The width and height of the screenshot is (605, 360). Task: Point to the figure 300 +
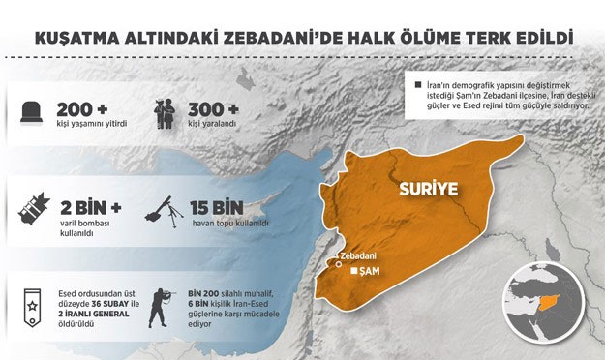(218, 106)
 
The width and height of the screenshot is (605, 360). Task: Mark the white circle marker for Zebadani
(337, 259)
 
